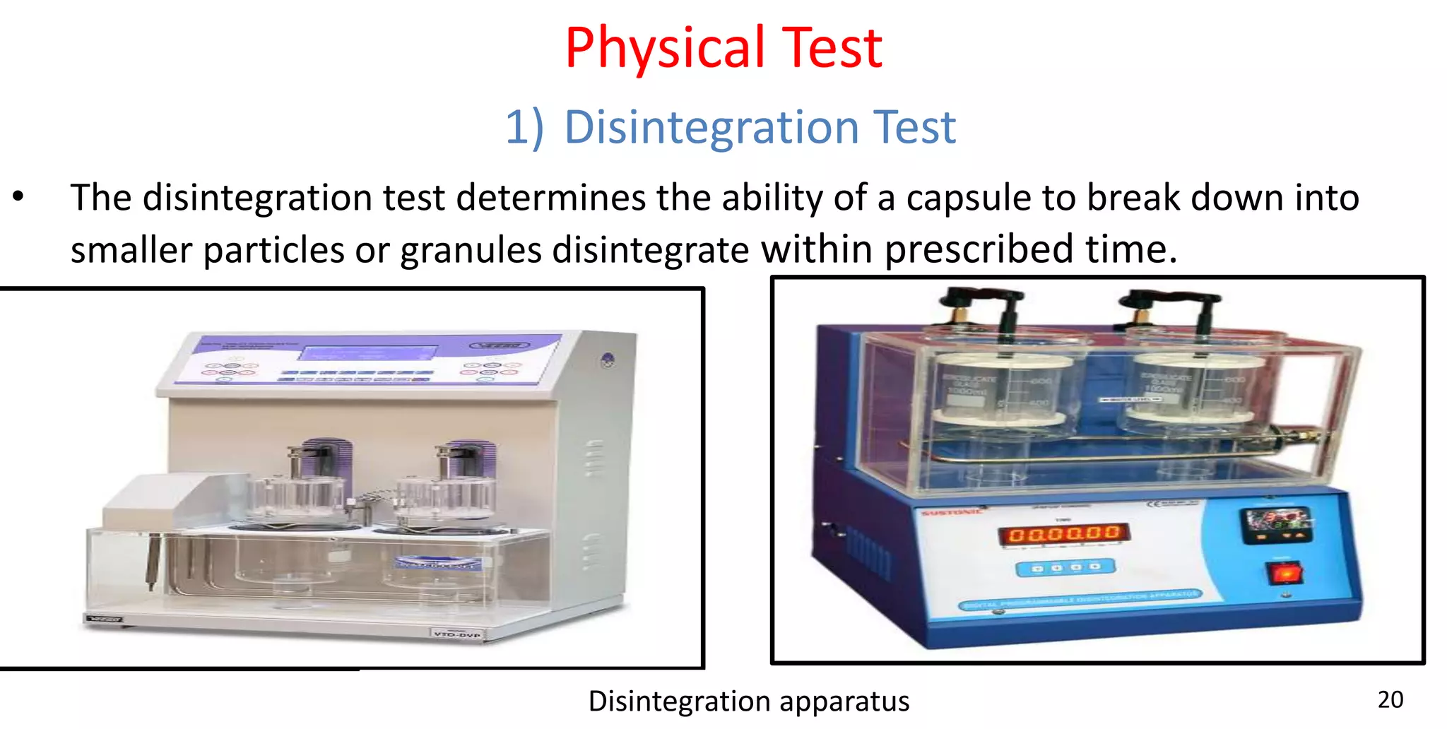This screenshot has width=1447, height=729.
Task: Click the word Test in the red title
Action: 834,48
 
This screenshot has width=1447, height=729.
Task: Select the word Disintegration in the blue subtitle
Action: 711,128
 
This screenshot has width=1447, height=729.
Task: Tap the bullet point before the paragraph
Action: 19,197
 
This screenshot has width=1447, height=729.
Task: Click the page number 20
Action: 1390,699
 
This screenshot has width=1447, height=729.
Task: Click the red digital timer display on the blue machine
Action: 1064,533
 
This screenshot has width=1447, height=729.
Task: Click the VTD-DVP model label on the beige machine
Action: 457,634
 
